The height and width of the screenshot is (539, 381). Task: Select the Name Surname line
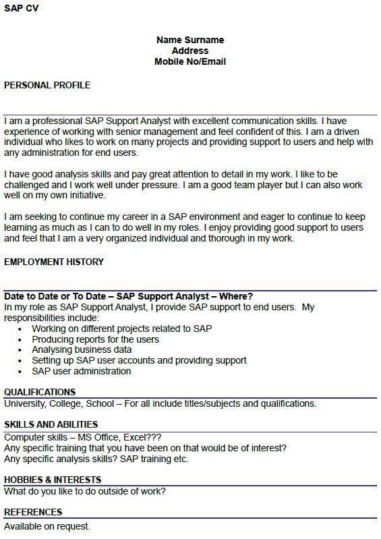(190, 40)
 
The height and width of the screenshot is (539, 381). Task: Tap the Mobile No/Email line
(190, 61)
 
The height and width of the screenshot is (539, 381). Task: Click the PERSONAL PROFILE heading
(47, 85)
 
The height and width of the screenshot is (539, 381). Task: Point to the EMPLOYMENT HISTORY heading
(54, 262)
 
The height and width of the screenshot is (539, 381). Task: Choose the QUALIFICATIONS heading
(40, 392)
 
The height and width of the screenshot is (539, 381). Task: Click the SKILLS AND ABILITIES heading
(51, 424)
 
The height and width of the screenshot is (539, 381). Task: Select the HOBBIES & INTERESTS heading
(53, 480)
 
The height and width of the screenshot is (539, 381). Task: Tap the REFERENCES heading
(33, 513)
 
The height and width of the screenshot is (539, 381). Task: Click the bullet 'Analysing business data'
(82, 350)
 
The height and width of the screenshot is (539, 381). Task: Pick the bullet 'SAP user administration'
(82, 371)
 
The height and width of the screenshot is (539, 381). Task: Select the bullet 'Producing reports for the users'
(96, 339)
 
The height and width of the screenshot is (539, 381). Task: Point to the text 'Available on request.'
(47, 526)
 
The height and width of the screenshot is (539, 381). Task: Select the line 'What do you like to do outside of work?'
(85, 491)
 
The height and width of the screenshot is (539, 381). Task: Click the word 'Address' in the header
(190, 51)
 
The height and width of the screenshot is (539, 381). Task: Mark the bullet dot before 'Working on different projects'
(21, 329)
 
